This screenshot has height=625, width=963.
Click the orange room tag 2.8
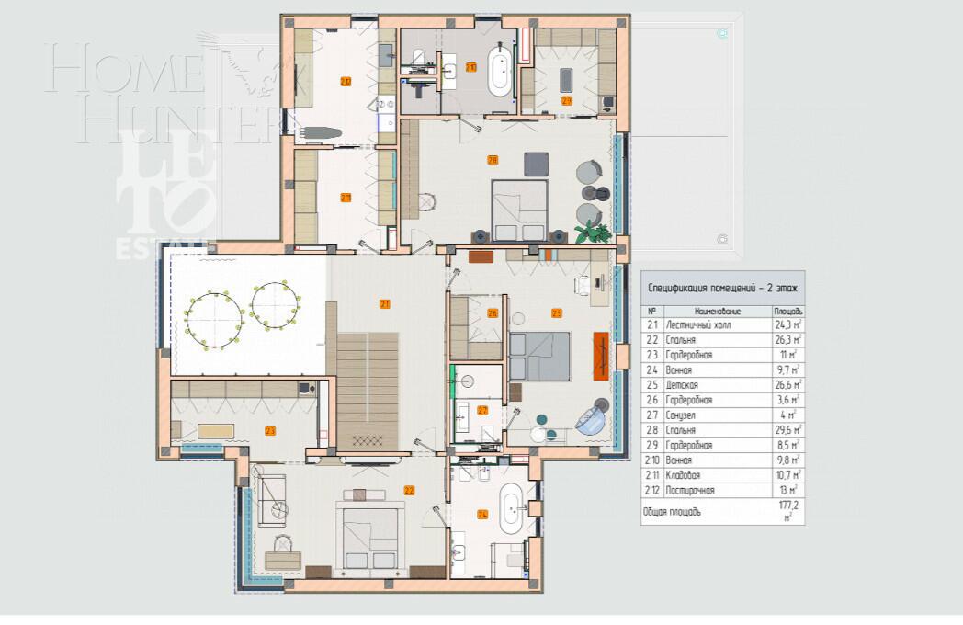pyautogui.click(x=493, y=160)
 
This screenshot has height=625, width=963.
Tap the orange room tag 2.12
pyautogui.click(x=346, y=81)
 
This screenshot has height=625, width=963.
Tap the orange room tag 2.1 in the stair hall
pyautogui.click(x=385, y=303)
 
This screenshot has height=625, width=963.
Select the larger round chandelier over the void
pyautogui.click(x=213, y=319)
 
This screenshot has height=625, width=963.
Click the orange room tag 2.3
pyautogui.click(x=270, y=430)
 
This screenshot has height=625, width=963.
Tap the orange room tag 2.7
pyautogui.click(x=482, y=411)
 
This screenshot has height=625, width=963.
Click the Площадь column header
pyautogui.click(x=788, y=311)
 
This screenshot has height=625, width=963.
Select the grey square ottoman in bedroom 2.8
pyautogui.click(x=536, y=163)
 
